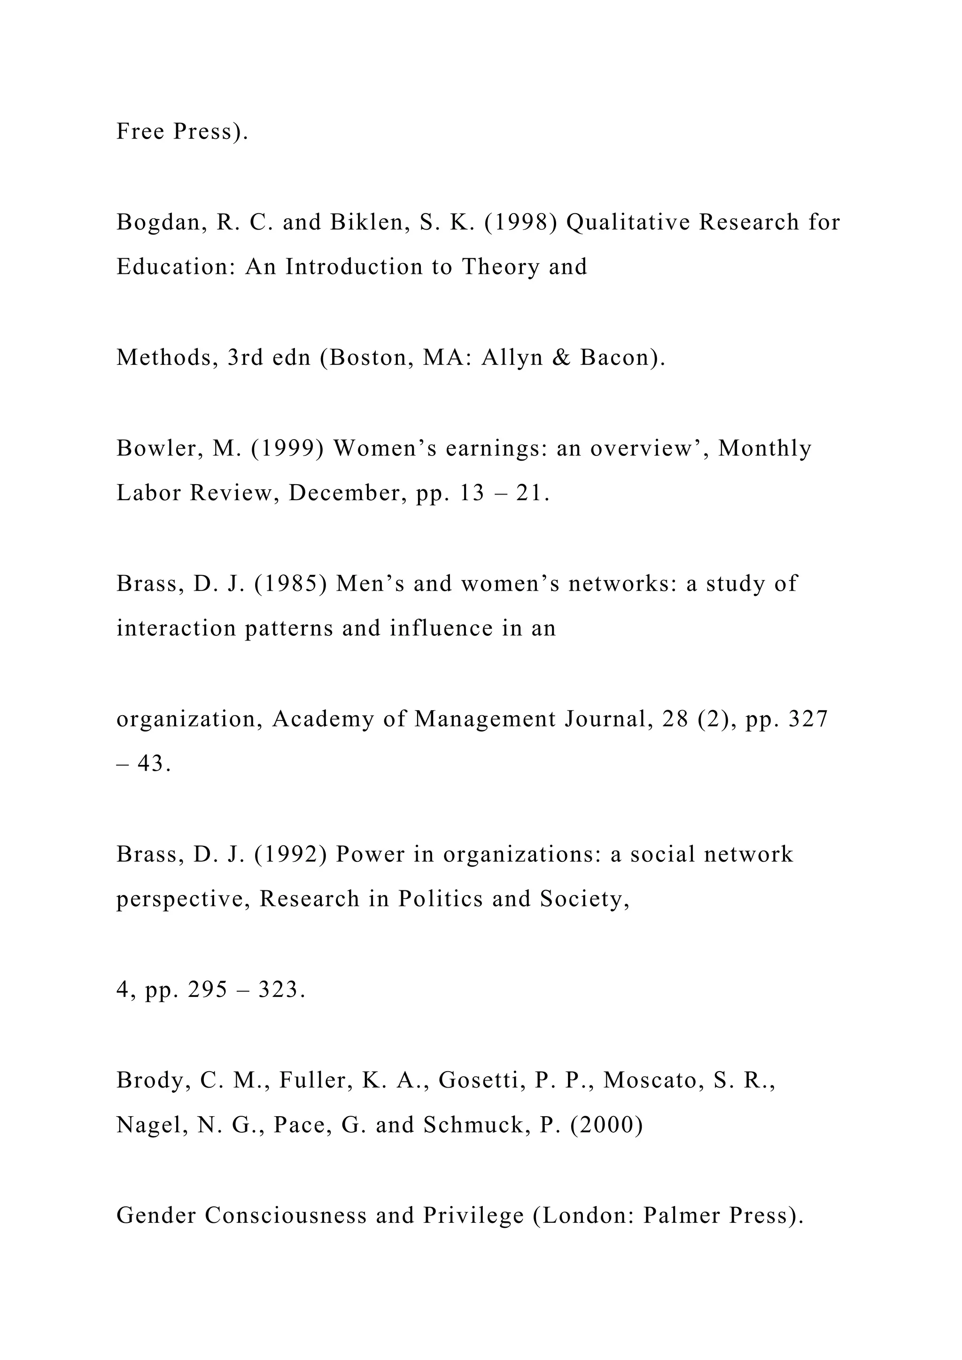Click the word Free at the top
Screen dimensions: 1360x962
[x=140, y=131]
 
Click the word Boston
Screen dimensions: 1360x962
[x=372, y=358]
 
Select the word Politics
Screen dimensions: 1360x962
[x=440, y=899]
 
